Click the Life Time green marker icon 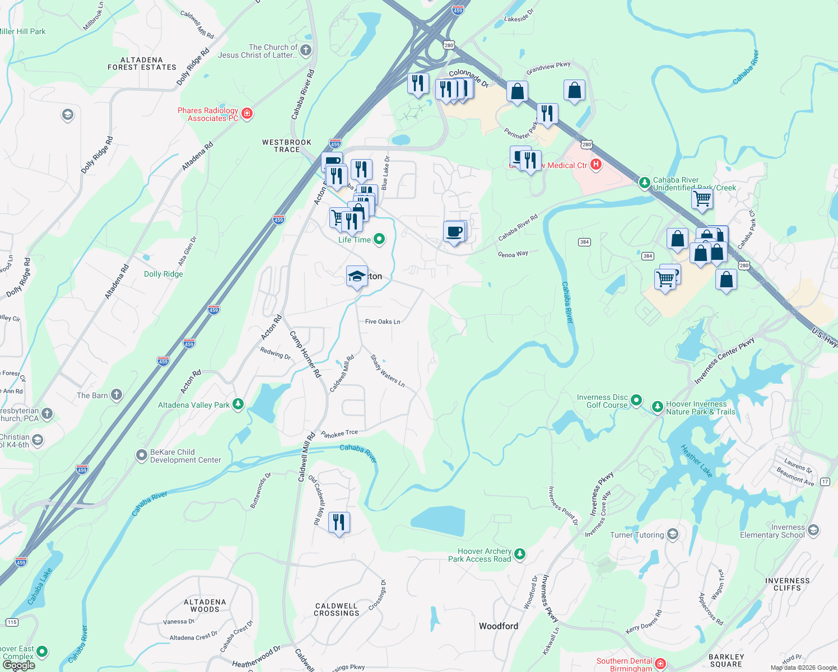379,240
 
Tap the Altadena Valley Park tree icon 238,404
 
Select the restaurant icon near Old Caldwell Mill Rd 339,523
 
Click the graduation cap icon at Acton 357,276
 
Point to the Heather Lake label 696,461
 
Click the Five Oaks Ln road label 383,321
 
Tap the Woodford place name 498,626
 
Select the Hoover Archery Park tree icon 520,554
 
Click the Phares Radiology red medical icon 246,114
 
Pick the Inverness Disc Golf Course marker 636,400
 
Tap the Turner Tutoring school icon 672,534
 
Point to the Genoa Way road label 513,254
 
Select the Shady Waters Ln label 387,371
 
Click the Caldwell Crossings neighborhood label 337,609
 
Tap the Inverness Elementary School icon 813,530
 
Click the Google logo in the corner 18,665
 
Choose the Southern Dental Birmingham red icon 660,664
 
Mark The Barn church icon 116,395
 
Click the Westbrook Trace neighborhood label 287,146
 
